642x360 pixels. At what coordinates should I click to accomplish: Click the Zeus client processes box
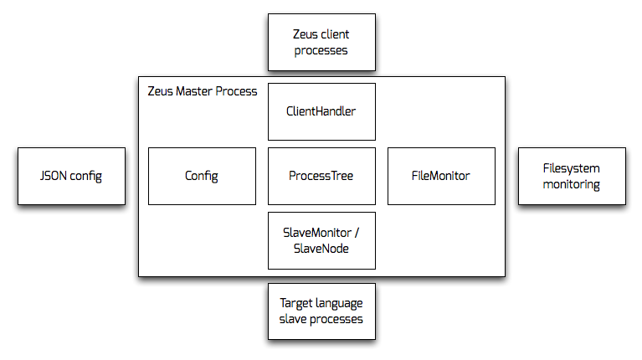[x=321, y=42]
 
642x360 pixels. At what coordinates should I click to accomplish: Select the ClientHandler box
[x=321, y=112]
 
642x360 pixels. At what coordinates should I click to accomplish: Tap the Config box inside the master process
[x=202, y=176]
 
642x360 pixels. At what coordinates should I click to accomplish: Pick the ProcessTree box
[x=321, y=176]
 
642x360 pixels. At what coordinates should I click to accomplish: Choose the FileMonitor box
[x=441, y=176]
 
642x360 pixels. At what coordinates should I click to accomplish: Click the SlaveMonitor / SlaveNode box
[x=321, y=240]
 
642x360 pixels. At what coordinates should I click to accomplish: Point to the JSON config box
[x=71, y=176]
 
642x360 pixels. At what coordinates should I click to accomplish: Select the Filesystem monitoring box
[x=572, y=176]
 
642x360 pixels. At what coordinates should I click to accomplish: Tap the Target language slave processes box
[x=321, y=311]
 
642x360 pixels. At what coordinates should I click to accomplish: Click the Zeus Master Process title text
[x=203, y=91]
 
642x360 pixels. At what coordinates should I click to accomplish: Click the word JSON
[x=54, y=176]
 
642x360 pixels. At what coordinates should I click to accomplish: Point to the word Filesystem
[x=571, y=168]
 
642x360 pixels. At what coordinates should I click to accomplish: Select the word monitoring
[x=571, y=185]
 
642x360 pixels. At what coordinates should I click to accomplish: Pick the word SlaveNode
[x=321, y=249]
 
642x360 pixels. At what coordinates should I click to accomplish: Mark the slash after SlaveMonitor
[x=357, y=232]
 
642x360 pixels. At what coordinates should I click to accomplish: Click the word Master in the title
[x=194, y=91]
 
